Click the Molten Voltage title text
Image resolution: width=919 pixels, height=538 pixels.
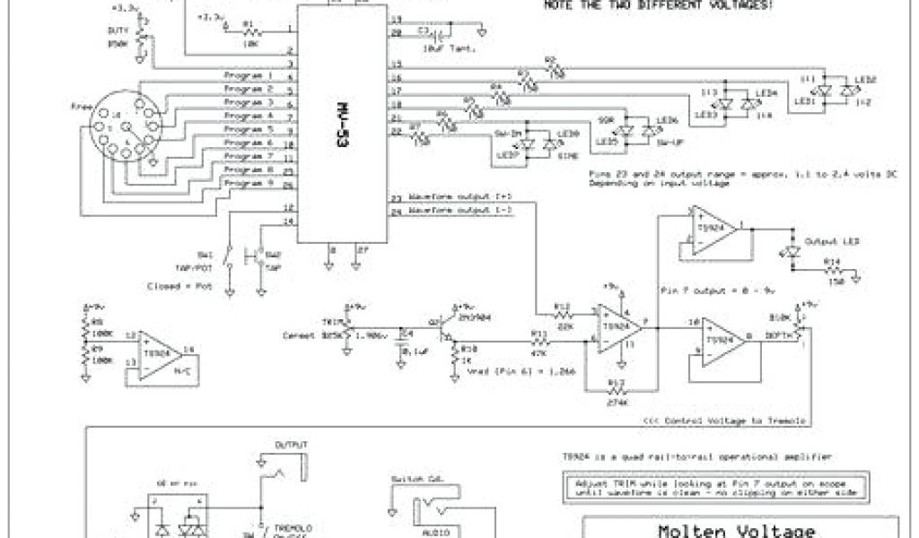pos(740,530)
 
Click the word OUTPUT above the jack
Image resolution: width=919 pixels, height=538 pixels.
pos(292,445)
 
